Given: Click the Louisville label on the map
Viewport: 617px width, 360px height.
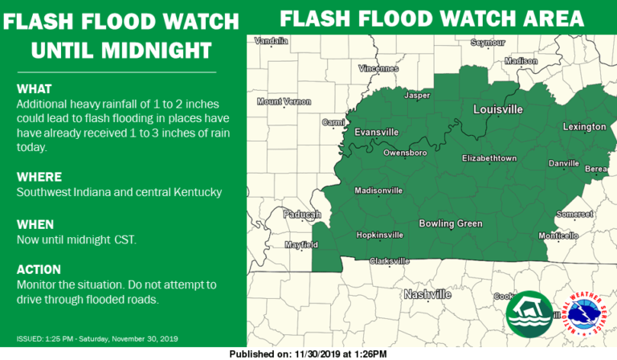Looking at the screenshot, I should coord(498,108).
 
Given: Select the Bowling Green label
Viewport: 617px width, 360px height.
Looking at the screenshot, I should coord(447,223).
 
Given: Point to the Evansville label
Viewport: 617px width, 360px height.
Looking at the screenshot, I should coord(377,132).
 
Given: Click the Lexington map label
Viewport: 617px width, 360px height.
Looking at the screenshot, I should coord(584,127).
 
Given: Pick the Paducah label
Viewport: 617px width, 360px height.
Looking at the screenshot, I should coord(301,214).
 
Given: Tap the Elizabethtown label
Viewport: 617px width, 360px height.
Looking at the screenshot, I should coord(489,158).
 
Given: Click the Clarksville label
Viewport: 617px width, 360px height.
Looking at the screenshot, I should coord(389,261).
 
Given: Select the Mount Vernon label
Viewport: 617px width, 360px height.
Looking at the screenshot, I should coord(284,102).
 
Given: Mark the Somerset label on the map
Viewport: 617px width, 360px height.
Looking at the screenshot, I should coord(574,214).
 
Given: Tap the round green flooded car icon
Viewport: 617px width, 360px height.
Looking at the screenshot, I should coord(529,314).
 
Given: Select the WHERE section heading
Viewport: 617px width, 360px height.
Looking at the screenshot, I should coord(39,177).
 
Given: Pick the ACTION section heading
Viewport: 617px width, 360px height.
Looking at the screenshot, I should coord(39,269).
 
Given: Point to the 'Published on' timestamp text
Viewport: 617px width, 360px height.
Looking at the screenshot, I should coord(308,354).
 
